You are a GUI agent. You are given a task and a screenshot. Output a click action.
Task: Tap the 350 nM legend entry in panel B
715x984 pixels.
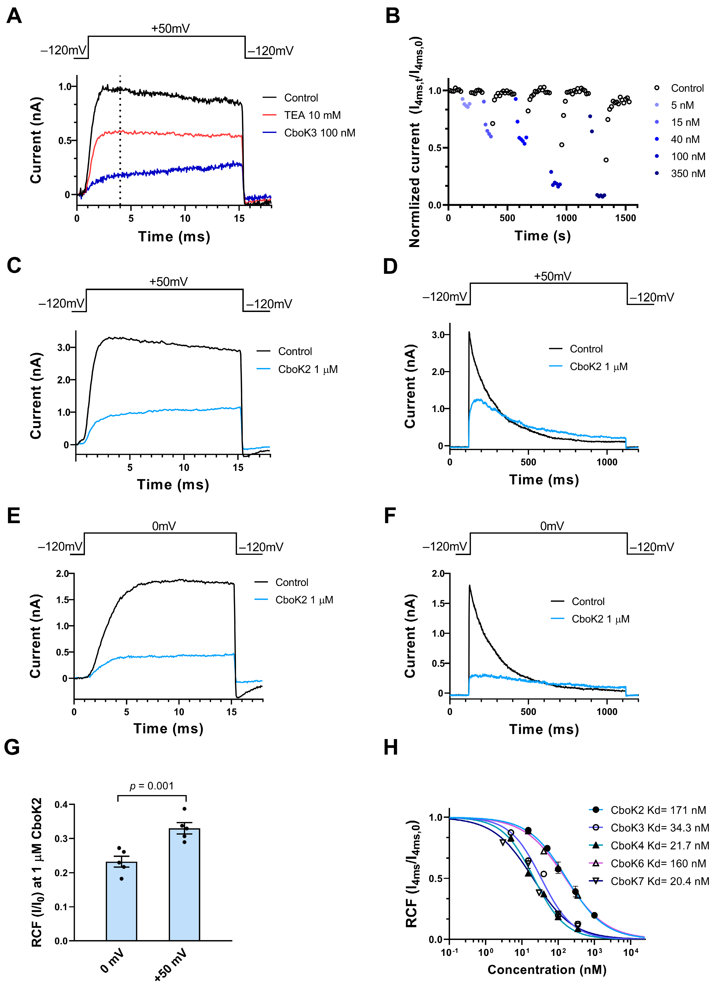(x=688, y=174)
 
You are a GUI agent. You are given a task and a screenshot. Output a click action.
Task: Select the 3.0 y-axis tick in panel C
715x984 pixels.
(x=64, y=347)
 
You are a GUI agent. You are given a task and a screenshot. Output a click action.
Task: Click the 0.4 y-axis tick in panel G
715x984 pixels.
(x=61, y=805)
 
